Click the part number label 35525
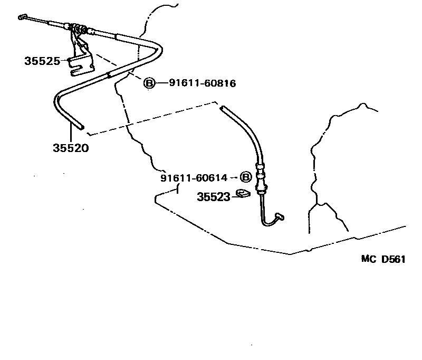[42, 61]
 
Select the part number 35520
[71, 148]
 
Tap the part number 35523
[214, 197]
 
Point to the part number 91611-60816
[203, 83]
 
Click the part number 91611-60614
[194, 178]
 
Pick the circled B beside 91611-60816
[149, 83]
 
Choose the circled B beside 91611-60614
[245, 177]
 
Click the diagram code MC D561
[383, 259]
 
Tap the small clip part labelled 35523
[243, 193]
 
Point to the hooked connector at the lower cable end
[280, 216]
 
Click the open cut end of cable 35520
[82, 127]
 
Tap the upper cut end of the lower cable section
[222, 108]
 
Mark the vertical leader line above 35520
[71, 132]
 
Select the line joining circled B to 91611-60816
[162, 83]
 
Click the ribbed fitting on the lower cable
[261, 178]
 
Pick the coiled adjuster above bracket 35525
[78, 29]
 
